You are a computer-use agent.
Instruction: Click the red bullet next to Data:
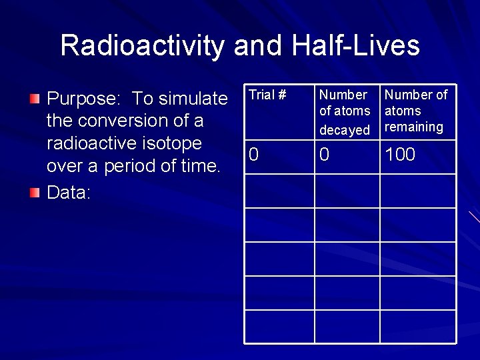[x=35, y=193]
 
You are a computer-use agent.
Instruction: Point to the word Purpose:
[x=85, y=99]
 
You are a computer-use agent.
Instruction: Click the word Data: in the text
[x=67, y=193]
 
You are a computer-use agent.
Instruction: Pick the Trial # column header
[x=267, y=95]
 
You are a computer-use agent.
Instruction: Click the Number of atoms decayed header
[x=345, y=111]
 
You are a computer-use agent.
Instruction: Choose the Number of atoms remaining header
[x=416, y=111]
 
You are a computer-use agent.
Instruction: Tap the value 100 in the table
[x=400, y=155]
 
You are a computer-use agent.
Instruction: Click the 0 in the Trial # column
[x=253, y=155]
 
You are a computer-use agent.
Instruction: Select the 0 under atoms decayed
[x=324, y=155]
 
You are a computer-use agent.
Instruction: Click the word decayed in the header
[x=345, y=130]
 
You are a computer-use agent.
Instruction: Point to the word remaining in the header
[x=414, y=127]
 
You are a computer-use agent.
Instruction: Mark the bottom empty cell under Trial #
[x=279, y=326]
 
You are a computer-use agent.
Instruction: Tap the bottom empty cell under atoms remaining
[x=418, y=326]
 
